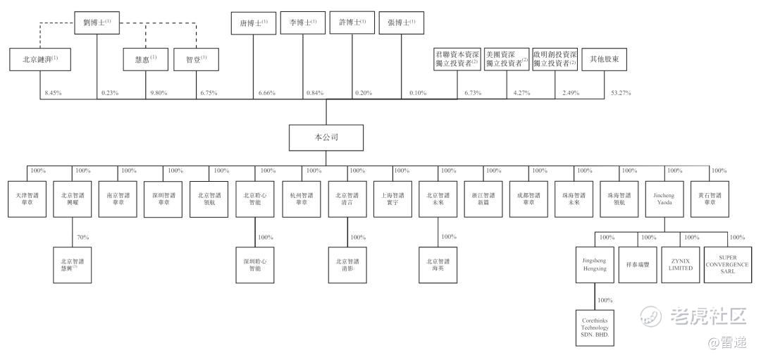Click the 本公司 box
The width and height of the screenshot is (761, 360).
coord(325,137)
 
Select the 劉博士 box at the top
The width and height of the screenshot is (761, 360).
coord(98,23)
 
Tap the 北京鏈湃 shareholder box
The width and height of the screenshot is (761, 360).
coord(35,61)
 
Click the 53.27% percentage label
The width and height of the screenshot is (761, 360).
coord(620,93)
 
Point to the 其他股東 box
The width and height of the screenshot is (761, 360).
coord(604,61)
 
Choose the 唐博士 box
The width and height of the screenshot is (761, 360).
coord(253,23)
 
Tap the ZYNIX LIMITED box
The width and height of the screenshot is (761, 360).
coord(681,264)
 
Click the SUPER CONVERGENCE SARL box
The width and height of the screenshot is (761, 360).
coord(727,264)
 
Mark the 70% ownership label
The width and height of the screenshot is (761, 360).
coord(82,237)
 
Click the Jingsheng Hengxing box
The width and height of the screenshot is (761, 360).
coord(594,264)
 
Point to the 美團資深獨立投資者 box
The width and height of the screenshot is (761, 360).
coord(506,59)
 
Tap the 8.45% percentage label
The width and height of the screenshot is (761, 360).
coord(53,93)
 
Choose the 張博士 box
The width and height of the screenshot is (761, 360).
coord(401,23)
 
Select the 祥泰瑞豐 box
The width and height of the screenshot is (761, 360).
coord(637,264)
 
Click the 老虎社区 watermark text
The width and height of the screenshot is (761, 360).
coord(707,316)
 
